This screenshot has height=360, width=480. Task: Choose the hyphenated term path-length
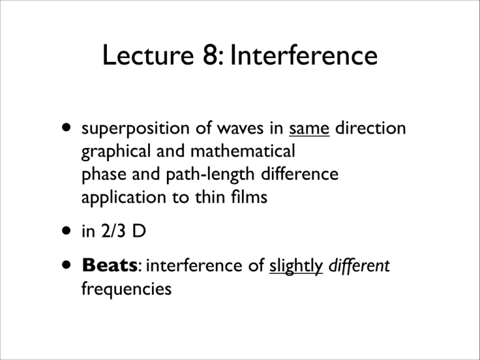191,175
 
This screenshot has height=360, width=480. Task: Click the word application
119,198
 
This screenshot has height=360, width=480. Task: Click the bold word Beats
108,267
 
